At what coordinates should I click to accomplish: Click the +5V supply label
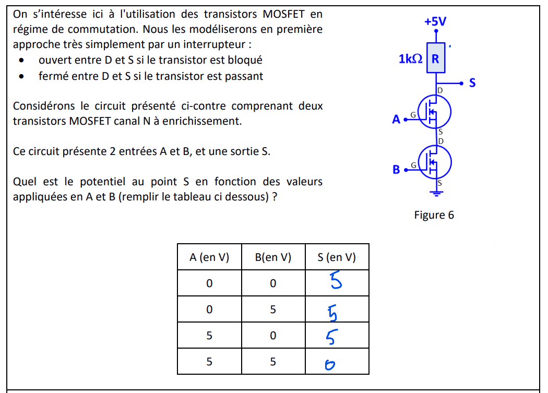[435, 21]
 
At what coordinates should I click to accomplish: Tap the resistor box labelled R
[436, 58]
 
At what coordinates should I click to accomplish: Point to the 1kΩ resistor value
[411, 59]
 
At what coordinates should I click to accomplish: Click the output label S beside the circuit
[472, 83]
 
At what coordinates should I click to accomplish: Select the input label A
[396, 120]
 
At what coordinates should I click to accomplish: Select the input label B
[396, 170]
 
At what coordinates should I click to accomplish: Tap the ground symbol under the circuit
[436, 194]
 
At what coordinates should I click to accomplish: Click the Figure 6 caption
[434, 215]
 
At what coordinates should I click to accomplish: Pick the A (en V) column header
[209, 257]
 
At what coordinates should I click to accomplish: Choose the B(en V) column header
[273, 257]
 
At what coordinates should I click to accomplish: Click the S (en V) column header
[337, 257]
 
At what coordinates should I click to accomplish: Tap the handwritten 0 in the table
[329, 365]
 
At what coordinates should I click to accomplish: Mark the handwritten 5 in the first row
[336, 282]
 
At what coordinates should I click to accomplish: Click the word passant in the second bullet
[244, 76]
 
